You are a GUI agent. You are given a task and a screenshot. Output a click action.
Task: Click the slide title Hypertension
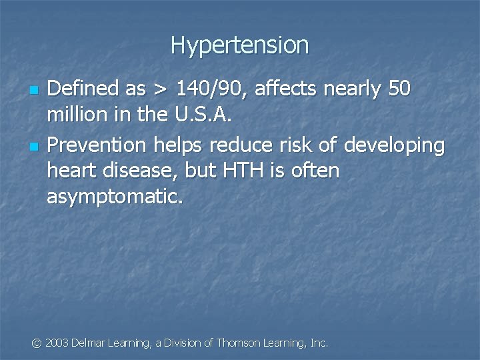click(240, 45)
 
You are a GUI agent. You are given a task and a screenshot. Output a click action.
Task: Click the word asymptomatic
click(114, 197)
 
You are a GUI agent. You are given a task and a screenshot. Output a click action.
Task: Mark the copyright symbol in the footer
click(37, 343)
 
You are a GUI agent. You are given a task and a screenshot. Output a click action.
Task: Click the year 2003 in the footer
click(57, 343)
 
